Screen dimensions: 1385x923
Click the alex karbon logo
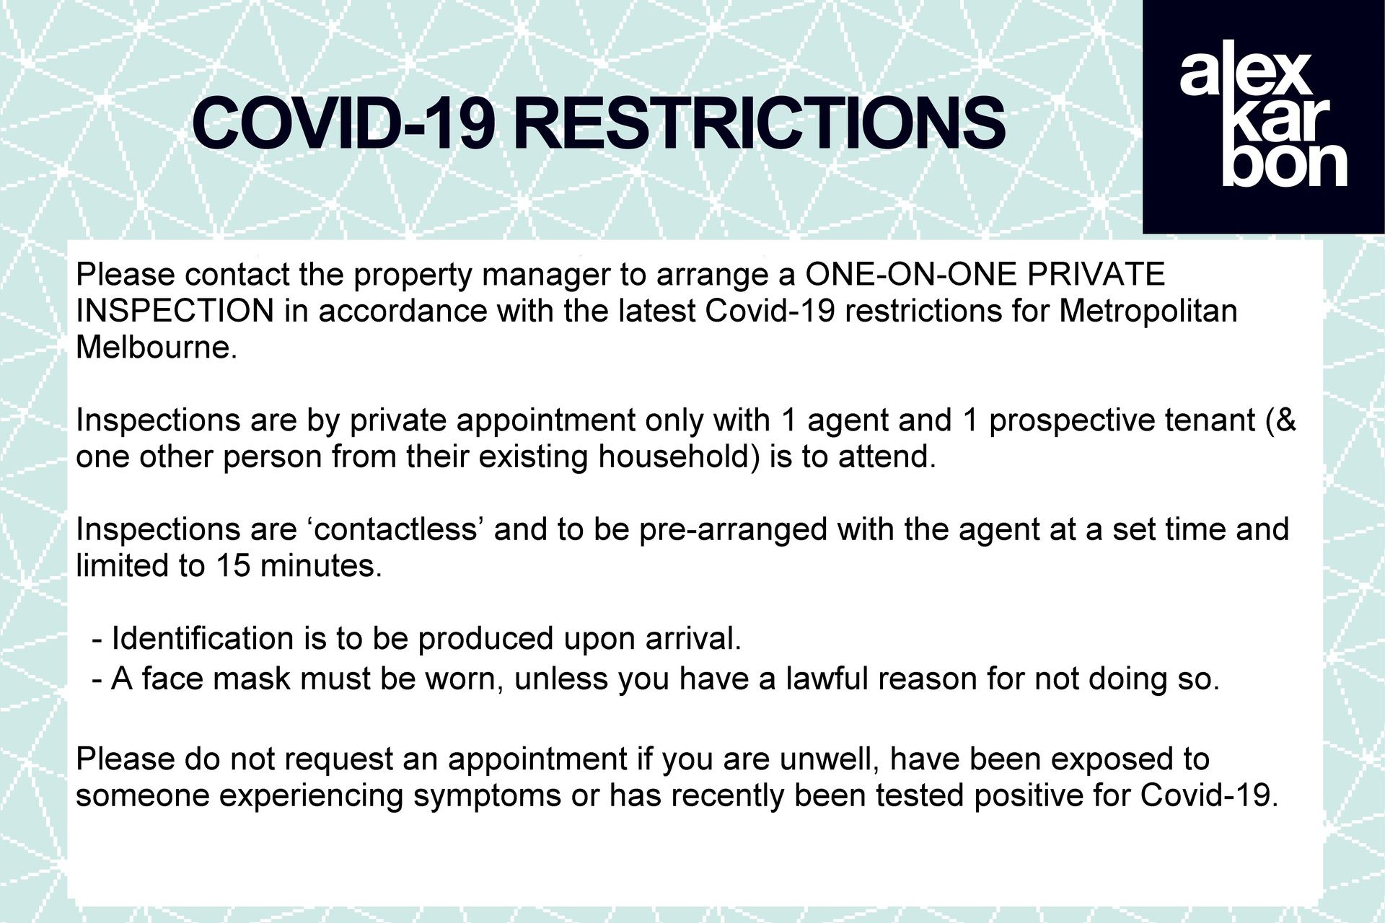[x=1264, y=117]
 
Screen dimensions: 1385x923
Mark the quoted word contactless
[x=395, y=530]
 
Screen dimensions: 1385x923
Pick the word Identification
[x=193, y=639]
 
